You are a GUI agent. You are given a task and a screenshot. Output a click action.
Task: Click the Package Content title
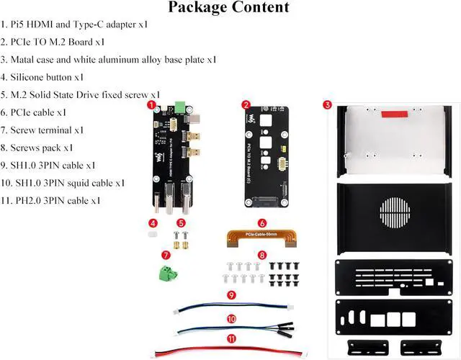tap(228, 8)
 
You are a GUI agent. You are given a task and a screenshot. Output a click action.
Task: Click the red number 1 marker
tap(151, 104)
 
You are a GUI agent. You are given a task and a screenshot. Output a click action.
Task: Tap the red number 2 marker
tap(246, 105)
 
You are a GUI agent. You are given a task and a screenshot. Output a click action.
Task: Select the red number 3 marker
tap(327, 105)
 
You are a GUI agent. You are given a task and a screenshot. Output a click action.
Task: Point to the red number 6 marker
tap(262, 224)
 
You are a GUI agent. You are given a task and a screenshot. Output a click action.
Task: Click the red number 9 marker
tap(230, 295)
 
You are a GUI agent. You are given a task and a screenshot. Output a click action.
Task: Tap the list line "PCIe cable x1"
tap(34, 112)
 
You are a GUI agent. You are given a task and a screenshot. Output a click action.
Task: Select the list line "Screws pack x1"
tap(37, 148)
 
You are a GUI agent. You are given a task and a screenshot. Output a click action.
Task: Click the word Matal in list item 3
tap(26, 59)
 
